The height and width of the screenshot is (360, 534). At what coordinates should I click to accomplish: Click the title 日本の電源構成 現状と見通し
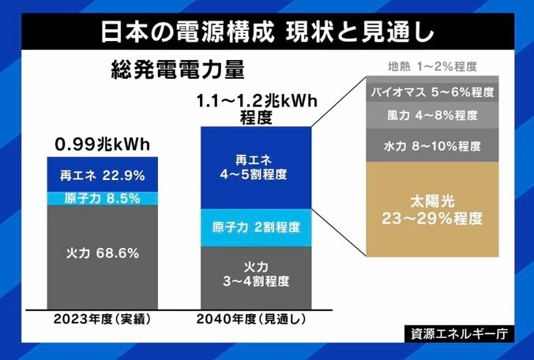pyautogui.click(x=267, y=32)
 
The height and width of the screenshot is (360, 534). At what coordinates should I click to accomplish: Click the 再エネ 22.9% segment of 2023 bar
pyautogui.click(x=100, y=174)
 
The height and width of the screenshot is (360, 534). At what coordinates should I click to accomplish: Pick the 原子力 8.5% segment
pyautogui.click(x=100, y=197)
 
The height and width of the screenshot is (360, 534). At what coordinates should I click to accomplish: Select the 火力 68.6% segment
pyautogui.click(x=100, y=253)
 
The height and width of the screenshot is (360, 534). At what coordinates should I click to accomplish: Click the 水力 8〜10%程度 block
pyautogui.click(x=431, y=145)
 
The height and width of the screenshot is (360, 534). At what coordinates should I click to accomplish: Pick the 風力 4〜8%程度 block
pyautogui.click(x=431, y=115)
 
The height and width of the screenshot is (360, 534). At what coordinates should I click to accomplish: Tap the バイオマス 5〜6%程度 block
pyautogui.click(x=431, y=92)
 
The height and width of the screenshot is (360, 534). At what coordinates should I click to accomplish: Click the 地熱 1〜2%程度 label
pyautogui.click(x=431, y=67)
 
